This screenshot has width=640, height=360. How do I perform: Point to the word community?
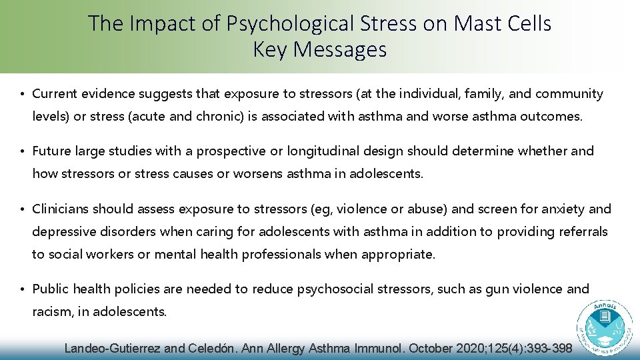(569, 94)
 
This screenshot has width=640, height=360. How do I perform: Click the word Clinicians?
(60, 209)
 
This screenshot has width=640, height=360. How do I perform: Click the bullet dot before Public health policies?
(22, 289)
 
